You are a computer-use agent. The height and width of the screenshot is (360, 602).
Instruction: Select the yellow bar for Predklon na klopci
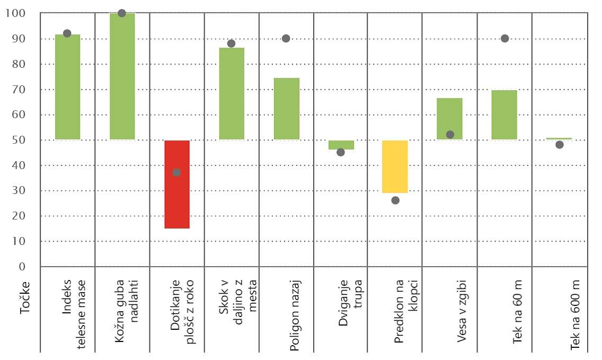(395, 166)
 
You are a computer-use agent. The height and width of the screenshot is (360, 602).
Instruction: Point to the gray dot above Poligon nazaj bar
(286, 39)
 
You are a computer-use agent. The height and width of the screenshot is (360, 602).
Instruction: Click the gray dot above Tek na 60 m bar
(504, 39)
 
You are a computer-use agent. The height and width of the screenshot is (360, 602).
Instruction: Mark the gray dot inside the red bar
(176, 172)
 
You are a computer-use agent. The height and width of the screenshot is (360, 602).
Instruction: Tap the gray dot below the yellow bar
(395, 200)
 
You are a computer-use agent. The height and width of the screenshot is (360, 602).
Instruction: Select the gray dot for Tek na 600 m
(559, 145)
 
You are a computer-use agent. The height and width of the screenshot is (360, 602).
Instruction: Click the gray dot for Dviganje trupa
(341, 152)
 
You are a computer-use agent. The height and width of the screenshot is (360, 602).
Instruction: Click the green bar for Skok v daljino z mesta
(232, 93)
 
